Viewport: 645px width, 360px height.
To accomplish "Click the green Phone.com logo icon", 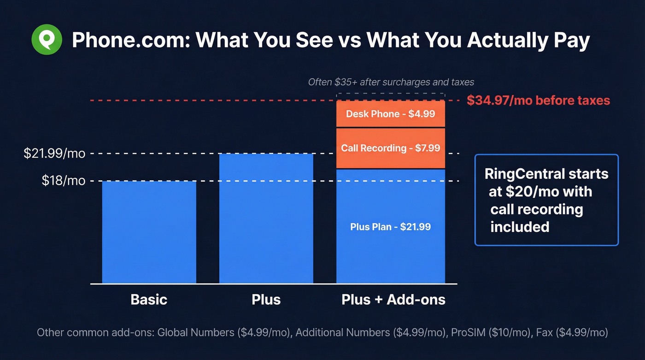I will (x=47, y=40).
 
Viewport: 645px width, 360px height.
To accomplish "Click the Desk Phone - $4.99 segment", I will (x=391, y=114).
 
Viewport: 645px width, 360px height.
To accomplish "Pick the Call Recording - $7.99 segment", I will (x=391, y=148).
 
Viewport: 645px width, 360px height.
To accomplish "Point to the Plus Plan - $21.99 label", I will (x=391, y=227).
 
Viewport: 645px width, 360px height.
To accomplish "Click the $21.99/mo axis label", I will (x=55, y=153).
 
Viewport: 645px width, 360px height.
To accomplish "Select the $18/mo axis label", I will (x=64, y=181).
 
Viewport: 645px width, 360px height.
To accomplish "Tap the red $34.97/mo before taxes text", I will (x=538, y=100).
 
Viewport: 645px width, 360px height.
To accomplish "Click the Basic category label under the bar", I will (x=149, y=300).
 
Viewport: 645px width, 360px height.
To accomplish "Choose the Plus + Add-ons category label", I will (x=393, y=300).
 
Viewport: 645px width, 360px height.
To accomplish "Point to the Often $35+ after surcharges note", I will (x=391, y=82).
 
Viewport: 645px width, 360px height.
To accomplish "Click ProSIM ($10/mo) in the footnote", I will (x=490, y=332).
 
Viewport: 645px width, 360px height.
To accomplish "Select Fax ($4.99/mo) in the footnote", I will (x=572, y=332).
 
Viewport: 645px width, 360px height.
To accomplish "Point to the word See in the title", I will (x=313, y=41).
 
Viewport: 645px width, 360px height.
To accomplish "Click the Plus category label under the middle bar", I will (x=266, y=300).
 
